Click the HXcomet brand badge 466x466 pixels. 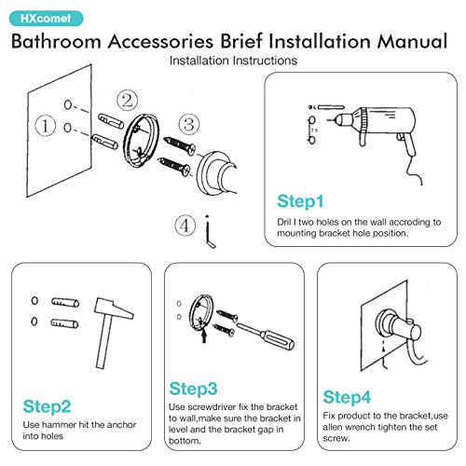(x=47, y=19)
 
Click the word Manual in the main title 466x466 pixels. (x=412, y=41)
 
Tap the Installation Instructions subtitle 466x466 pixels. (x=233, y=61)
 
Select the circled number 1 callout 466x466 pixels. (x=46, y=126)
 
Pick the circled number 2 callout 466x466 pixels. (x=127, y=101)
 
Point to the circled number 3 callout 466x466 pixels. (x=189, y=124)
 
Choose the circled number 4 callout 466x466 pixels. (x=185, y=225)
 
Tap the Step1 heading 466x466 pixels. (x=300, y=201)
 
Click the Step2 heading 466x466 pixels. (x=47, y=406)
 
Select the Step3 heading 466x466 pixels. (x=193, y=389)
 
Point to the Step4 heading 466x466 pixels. (x=347, y=397)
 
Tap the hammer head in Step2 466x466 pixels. (x=114, y=308)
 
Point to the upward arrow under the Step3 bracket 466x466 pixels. (x=204, y=336)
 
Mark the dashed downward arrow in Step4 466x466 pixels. (x=383, y=346)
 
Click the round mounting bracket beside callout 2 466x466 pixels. (x=141, y=141)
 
